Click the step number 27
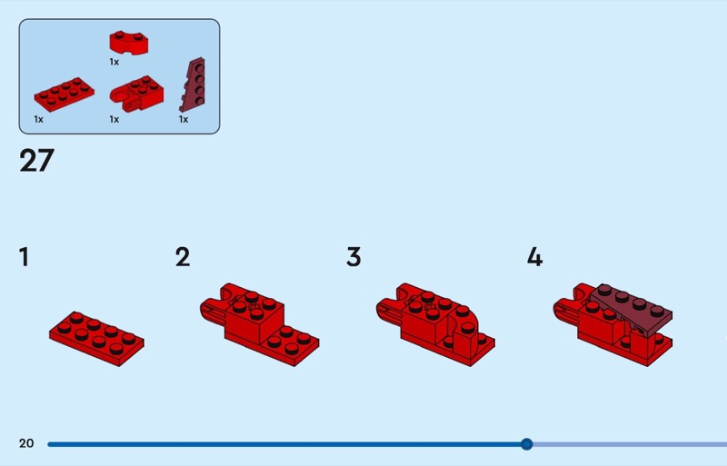click(x=36, y=161)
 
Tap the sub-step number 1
click(x=25, y=257)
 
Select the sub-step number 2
click(x=183, y=257)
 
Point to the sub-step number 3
click(x=354, y=257)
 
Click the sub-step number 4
click(x=535, y=257)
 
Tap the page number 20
click(x=26, y=443)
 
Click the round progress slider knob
click(x=526, y=444)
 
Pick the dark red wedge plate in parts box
click(x=193, y=84)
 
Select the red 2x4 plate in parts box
click(x=64, y=94)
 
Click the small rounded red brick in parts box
click(x=129, y=43)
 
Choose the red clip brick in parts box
click(x=136, y=94)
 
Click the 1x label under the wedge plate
click(x=184, y=120)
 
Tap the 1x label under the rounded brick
click(x=115, y=62)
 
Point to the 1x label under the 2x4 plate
click(x=38, y=120)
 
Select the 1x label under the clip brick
click(x=115, y=120)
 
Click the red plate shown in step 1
click(x=96, y=339)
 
